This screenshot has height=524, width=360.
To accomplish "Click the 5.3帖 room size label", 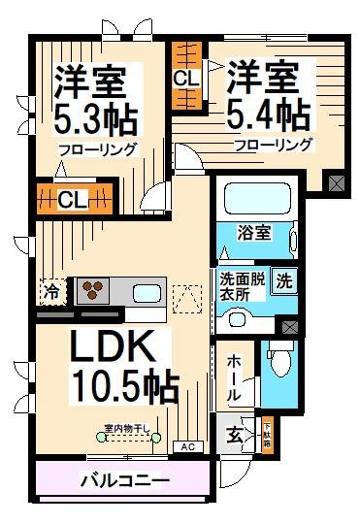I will (x=95, y=118).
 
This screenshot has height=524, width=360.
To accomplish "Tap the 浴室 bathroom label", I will (x=256, y=233).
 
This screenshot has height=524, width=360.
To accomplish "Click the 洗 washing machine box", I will (x=283, y=281).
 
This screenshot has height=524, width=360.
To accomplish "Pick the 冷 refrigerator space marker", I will (x=49, y=290).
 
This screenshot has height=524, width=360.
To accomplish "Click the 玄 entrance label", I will (x=236, y=434).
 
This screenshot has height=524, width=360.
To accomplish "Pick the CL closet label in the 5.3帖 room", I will (x=71, y=201).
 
